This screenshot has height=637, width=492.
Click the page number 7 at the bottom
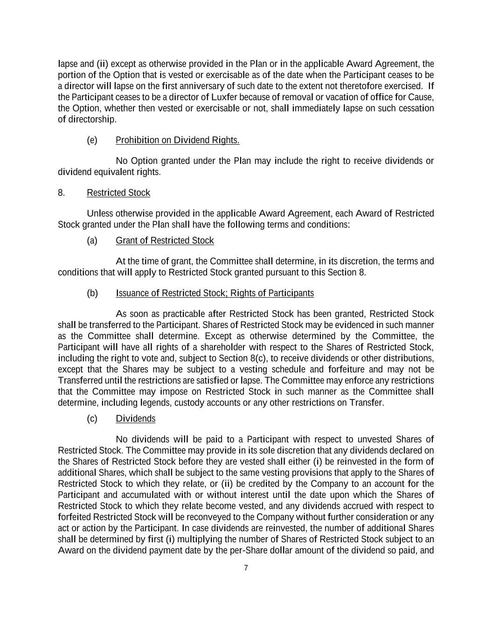click(246, 568)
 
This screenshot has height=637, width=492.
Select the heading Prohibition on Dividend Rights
click(177, 140)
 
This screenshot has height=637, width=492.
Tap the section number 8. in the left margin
click(62, 193)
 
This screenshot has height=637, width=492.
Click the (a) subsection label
click(92, 240)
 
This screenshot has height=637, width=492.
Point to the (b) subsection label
click(92, 293)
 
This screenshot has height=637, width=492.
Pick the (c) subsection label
click(92, 419)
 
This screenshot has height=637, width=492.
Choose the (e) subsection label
click(92, 140)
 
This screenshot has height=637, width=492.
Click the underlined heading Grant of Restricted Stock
click(165, 240)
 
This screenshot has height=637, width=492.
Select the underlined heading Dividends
click(135, 419)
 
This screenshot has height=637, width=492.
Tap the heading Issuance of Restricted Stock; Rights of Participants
click(215, 293)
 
